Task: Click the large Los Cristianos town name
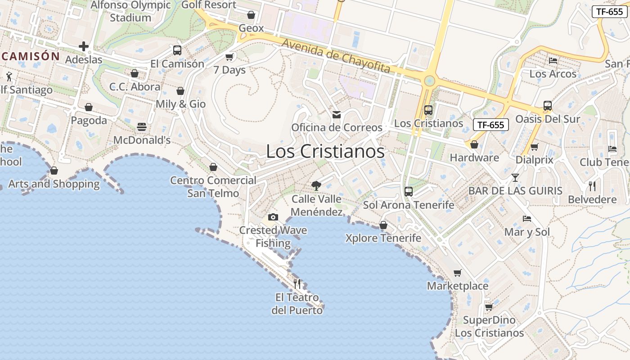pyautogui.click(x=325, y=152)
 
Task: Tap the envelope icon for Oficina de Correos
pyautogui.click(x=337, y=115)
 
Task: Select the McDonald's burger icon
pyautogui.click(x=142, y=127)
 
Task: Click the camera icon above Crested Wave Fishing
pyautogui.click(x=273, y=217)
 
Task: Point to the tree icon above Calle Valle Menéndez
pyautogui.click(x=316, y=185)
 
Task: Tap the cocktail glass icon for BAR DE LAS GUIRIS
pyautogui.click(x=515, y=178)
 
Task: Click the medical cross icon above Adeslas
pyautogui.click(x=84, y=46)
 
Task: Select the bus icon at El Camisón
pyautogui.click(x=177, y=50)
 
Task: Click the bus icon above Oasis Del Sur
pyautogui.click(x=547, y=106)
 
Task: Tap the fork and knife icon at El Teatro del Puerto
pyautogui.click(x=297, y=284)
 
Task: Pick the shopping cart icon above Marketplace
pyautogui.click(x=458, y=273)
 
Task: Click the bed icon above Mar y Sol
pyautogui.click(x=527, y=219)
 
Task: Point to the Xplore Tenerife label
pyautogui.click(x=383, y=238)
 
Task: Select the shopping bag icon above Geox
pyautogui.click(x=251, y=15)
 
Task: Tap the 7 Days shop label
pyautogui.click(x=229, y=70)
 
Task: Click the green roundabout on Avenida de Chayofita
pyautogui.click(x=430, y=81)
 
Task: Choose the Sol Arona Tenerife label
pyautogui.click(x=409, y=205)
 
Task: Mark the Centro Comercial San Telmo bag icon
pyautogui.click(x=213, y=167)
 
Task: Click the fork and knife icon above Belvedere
pyautogui.click(x=592, y=186)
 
